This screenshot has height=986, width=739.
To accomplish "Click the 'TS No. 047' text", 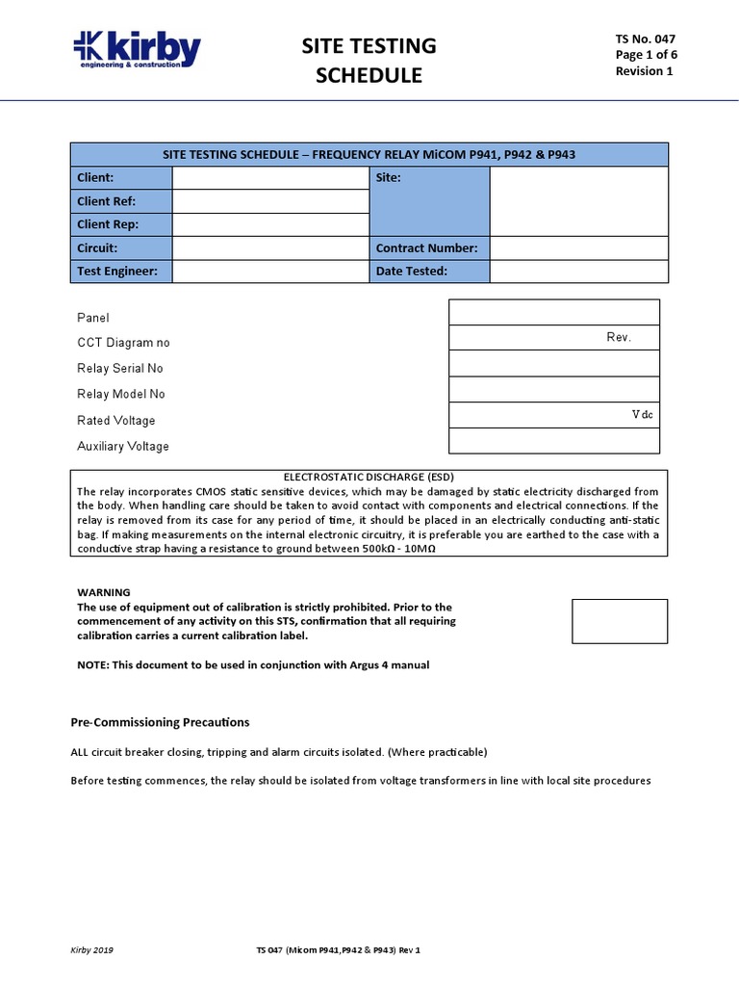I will (646, 39).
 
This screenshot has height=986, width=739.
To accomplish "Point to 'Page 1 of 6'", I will (646, 55).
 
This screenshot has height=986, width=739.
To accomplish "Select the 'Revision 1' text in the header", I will (645, 71).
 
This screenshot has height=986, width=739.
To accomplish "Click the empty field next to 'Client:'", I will (270, 178).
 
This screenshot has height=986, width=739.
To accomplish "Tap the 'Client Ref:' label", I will (106, 201).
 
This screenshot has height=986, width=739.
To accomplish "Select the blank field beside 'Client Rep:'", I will (270, 224).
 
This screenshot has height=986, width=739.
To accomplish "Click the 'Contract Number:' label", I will (426, 247).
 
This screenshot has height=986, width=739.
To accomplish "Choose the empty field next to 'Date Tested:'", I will (578, 272).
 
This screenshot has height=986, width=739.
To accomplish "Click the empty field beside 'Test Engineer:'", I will (270, 272).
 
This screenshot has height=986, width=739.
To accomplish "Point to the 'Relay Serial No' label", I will (120, 369).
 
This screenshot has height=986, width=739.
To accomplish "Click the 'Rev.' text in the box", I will (618, 337).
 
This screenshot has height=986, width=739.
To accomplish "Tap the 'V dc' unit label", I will (643, 414).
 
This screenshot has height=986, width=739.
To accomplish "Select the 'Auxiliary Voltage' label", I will (123, 447).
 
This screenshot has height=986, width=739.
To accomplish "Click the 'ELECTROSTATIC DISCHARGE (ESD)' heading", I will (369, 477).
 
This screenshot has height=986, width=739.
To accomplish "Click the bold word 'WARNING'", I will (103, 592).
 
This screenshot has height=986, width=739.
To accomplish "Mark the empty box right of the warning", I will (619, 621).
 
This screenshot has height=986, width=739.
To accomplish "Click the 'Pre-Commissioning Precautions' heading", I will (160, 722).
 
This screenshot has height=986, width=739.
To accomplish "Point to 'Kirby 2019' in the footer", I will (92, 950).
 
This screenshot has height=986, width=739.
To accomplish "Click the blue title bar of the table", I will (369, 155).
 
